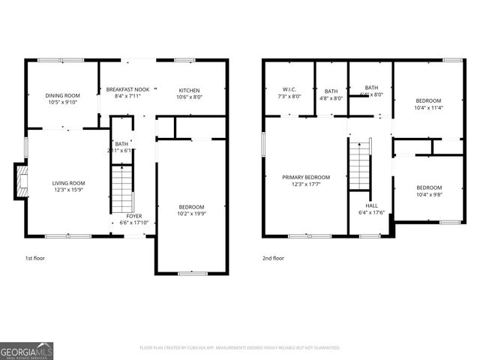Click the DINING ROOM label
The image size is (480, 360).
[x=62, y=96]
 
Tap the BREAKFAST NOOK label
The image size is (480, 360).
[x=127, y=88]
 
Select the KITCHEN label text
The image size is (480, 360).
[x=189, y=88]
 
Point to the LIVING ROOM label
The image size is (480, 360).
[x=68, y=183]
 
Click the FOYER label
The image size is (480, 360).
[x=134, y=215]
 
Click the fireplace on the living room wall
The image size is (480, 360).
[x=20, y=182]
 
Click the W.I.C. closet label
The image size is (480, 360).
[x=289, y=88]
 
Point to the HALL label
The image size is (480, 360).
[x=372, y=205]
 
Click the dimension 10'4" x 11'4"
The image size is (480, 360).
[x=429, y=107]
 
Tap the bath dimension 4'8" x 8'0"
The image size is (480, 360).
[x=331, y=96]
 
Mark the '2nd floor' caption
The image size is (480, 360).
[x=273, y=258]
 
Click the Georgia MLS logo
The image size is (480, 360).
[x=26, y=350]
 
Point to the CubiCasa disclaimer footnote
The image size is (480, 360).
[x=240, y=348]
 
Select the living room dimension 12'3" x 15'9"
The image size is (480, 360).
[x=68, y=190]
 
